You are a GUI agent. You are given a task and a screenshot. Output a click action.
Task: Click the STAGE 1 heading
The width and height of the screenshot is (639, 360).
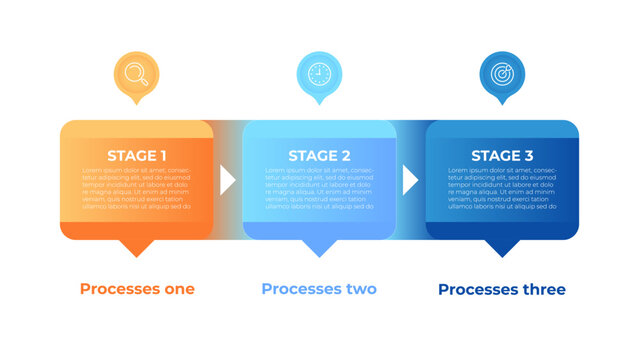(137, 155)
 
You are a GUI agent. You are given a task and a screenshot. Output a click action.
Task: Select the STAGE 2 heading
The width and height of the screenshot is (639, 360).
(319, 155)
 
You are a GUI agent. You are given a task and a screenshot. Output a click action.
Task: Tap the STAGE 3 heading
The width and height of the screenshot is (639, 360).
(502, 155)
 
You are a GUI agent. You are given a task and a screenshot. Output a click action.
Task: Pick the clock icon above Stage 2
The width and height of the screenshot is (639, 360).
(319, 73)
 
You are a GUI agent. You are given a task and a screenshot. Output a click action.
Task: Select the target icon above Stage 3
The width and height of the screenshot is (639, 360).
(502, 73)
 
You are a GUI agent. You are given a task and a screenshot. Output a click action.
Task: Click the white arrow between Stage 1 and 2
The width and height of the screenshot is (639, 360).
(227, 180)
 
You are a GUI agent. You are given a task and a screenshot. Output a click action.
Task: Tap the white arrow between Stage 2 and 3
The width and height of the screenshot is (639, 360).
(409, 180)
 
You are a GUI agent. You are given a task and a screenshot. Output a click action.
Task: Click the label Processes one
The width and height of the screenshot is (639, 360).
(137, 289)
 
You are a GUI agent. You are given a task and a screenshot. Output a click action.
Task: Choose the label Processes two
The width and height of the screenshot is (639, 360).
(319, 289)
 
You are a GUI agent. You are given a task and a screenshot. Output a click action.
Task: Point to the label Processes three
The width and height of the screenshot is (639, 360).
(502, 289)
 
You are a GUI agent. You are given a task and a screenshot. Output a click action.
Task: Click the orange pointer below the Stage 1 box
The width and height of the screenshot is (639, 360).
(137, 247)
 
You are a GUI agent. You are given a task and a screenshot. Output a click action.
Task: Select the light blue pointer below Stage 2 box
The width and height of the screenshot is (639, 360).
(319, 247)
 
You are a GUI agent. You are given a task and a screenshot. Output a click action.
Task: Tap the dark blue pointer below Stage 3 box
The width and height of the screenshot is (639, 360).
(502, 247)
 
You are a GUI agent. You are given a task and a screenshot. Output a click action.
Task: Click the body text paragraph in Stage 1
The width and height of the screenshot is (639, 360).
(137, 189)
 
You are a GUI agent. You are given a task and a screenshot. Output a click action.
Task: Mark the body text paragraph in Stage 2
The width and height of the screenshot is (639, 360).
(319, 189)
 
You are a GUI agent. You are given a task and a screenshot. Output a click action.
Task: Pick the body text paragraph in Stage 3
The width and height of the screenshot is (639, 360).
(502, 189)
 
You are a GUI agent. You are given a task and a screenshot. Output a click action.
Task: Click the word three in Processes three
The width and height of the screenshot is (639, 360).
(542, 289)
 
